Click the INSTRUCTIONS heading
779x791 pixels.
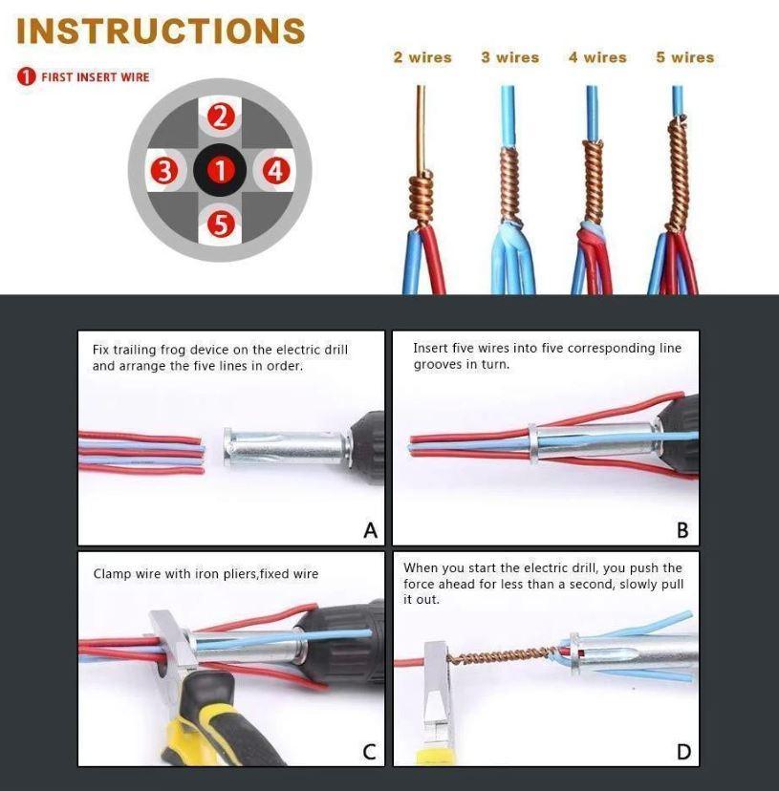[x=161, y=31]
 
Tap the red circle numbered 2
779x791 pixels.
[x=221, y=118]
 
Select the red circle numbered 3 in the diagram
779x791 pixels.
[x=165, y=172]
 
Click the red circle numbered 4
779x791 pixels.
[x=276, y=172]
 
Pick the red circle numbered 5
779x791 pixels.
[x=221, y=224]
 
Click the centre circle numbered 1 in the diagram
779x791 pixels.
[x=221, y=172]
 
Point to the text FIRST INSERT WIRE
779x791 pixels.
[x=95, y=76]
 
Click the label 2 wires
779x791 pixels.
[x=422, y=57]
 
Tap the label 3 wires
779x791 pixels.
[x=509, y=57]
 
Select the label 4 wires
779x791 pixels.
[x=597, y=57]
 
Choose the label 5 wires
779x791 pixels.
[x=684, y=57]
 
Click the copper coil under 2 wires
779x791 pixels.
[x=422, y=196]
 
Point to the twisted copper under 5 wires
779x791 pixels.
[x=679, y=172]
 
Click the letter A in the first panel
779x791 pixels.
[x=370, y=530]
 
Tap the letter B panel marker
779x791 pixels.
[x=683, y=530]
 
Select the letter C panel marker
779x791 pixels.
[x=369, y=752]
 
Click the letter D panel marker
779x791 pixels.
[x=683, y=752]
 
